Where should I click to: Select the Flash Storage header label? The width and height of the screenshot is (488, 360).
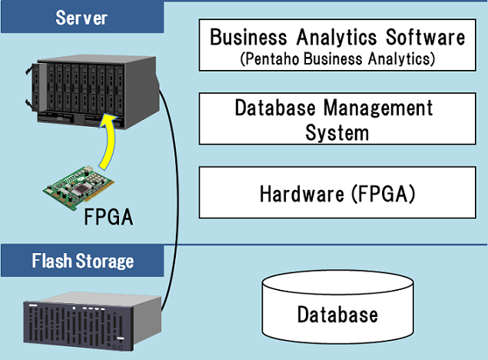click(x=82, y=261)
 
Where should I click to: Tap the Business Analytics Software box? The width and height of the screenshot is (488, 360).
click(x=337, y=45)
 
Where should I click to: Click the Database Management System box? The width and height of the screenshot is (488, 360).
click(x=337, y=118)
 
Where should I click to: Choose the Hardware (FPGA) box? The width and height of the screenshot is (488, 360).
click(x=337, y=192)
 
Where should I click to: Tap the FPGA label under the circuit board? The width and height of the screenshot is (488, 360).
click(x=108, y=217)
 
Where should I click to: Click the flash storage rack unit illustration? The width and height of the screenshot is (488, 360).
click(x=91, y=322)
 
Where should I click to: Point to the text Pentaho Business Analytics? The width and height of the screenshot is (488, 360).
click(x=337, y=58)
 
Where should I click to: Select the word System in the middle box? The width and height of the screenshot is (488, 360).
click(x=337, y=132)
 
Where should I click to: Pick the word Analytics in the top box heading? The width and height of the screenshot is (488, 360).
click(x=339, y=37)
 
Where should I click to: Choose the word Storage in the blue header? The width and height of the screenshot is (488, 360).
click(x=104, y=261)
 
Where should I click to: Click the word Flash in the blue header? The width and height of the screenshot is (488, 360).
click(x=51, y=261)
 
